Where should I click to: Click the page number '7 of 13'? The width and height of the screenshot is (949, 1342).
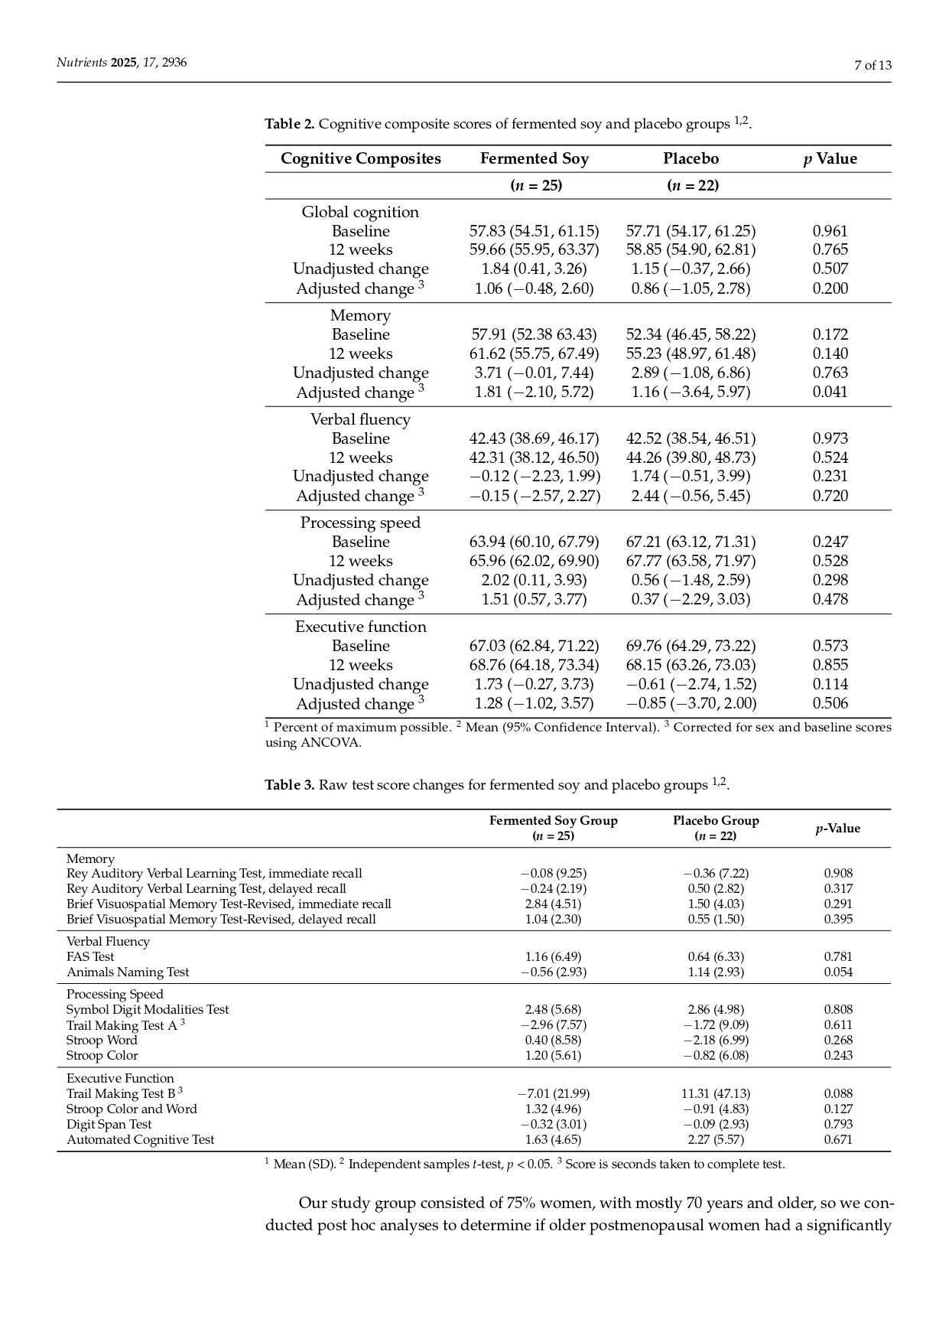[x=873, y=65]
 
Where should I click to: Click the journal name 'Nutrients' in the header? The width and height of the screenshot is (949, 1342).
[x=82, y=63]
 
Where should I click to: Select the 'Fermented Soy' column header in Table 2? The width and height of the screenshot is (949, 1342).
[x=534, y=158]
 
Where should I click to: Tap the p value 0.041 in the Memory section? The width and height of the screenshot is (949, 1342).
[x=830, y=392]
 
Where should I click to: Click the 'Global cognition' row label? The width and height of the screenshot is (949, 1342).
[x=360, y=212]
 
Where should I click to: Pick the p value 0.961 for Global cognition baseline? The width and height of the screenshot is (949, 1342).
[x=830, y=231]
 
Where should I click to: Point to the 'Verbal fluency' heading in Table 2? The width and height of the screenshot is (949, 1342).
[x=360, y=419]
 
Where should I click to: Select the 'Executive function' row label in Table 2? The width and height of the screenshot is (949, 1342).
[x=360, y=627]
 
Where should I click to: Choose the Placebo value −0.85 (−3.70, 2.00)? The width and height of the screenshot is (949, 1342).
[x=691, y=703]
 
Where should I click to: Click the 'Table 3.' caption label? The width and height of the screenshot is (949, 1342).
[x=289, y=785]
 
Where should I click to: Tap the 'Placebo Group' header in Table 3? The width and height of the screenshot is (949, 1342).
[x=716, y=821]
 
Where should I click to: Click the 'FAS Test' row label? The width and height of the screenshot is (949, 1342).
[x=90, y=956]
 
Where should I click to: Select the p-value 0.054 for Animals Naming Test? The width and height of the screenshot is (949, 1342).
[x=838, y=972]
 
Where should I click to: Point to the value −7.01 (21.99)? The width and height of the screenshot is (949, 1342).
[x=553, y=1093]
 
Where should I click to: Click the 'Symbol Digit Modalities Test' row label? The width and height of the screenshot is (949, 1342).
[x=148, y=1009]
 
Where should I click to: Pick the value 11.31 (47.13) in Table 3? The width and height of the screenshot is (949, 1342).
[x=716, y=1093]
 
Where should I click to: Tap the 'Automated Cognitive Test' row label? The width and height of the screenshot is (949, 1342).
[x=141, y=1139]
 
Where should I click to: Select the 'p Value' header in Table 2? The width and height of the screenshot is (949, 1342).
[x=830, y=158]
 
